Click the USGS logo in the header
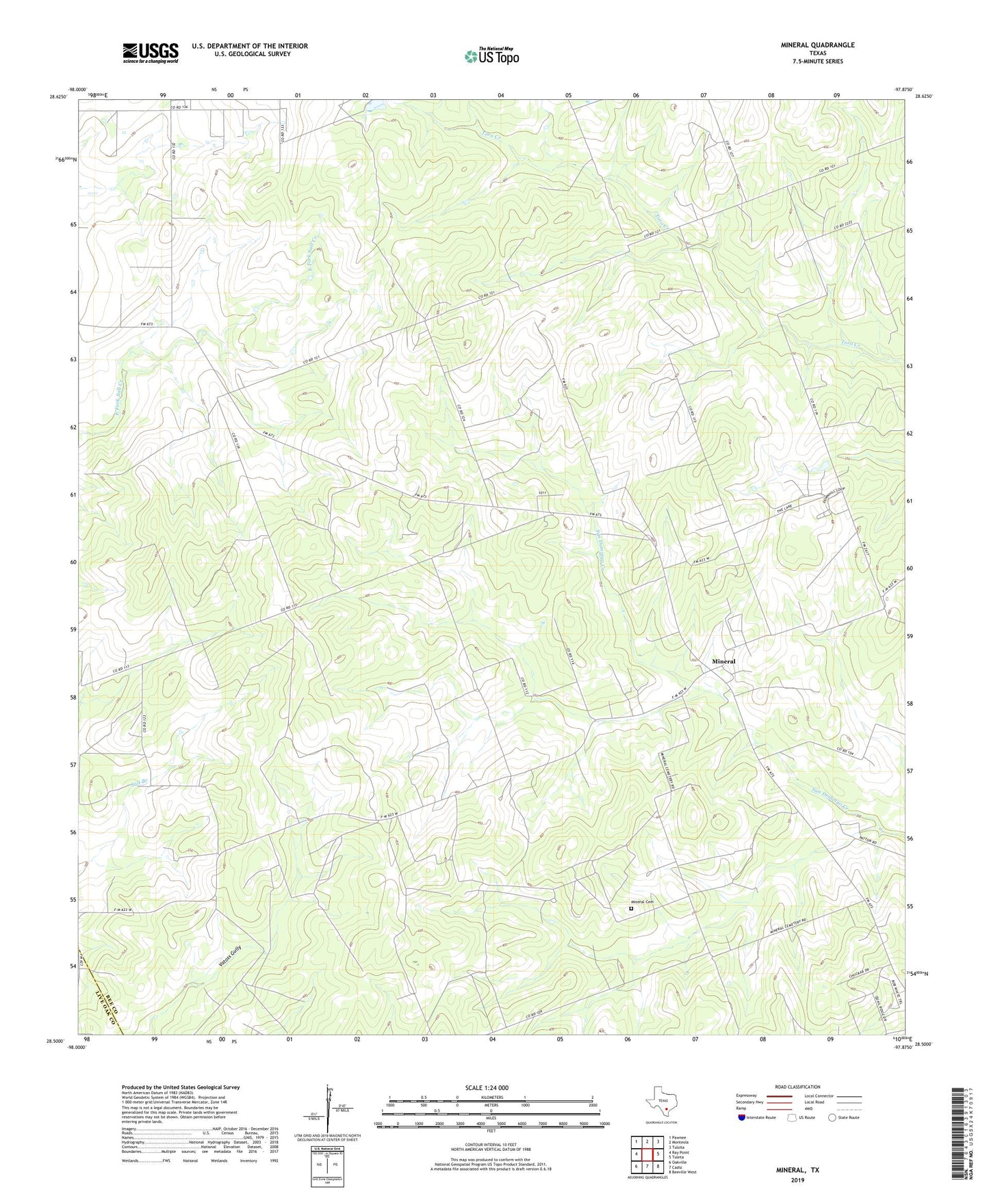tap(151, 53)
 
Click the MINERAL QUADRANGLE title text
tap(817, 45)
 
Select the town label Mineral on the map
tap(723, 661)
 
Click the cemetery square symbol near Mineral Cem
tap(631, 910)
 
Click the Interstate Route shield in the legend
tap(742, 1117)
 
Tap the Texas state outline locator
tap(660, 1106)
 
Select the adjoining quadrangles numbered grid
tap(647, 1154)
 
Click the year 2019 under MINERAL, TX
tap(797, 1180)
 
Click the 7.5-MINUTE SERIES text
tap(817, 62)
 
